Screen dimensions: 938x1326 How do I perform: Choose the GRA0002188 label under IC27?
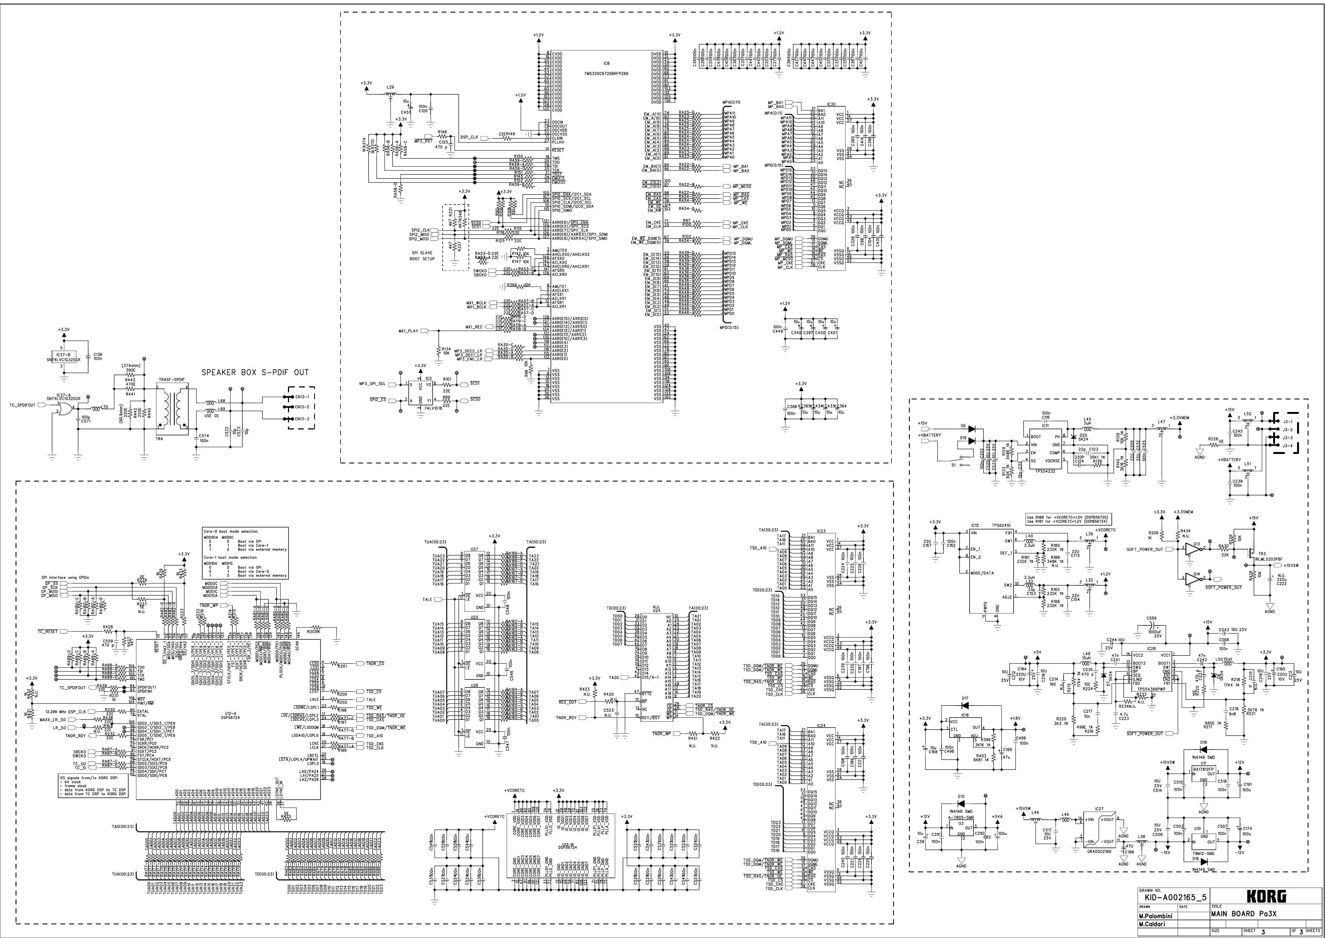coord(1100,851)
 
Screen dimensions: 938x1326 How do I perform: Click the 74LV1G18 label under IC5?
coord(433,408)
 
